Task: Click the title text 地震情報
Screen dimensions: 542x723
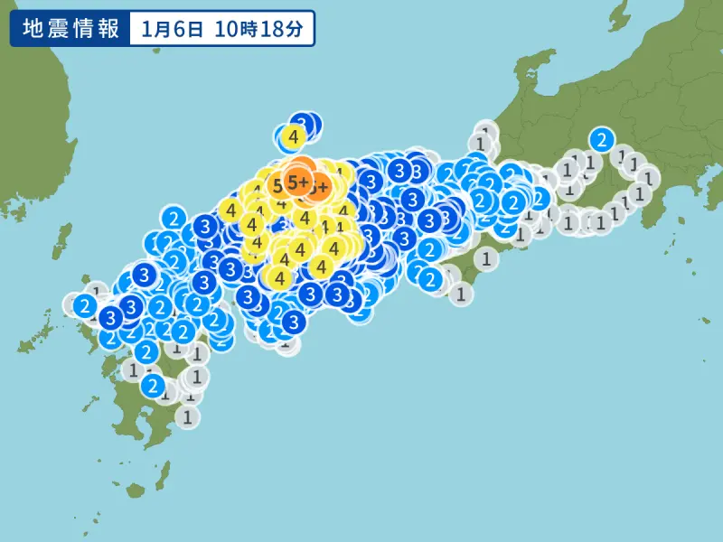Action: click(x=70, y=29)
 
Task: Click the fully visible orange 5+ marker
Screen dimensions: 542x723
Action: click(x=297, y=182)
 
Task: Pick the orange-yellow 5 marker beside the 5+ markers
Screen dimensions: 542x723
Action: click(x=276, y=187)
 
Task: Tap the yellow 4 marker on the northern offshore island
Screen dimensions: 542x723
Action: click(x=292, y=137)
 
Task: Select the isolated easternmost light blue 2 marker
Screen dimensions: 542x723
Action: click(x=601, y=139)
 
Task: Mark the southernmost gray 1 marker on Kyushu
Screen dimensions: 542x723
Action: click(x=187, y=416)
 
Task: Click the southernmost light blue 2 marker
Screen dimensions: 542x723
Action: click(x=154, y=386)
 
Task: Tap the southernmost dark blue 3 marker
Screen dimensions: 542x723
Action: click(x=293, y=322)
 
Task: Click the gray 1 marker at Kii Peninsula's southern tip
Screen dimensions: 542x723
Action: click(x=462, y=293)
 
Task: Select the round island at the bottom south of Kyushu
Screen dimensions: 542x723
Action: click(x=136, y=491)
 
